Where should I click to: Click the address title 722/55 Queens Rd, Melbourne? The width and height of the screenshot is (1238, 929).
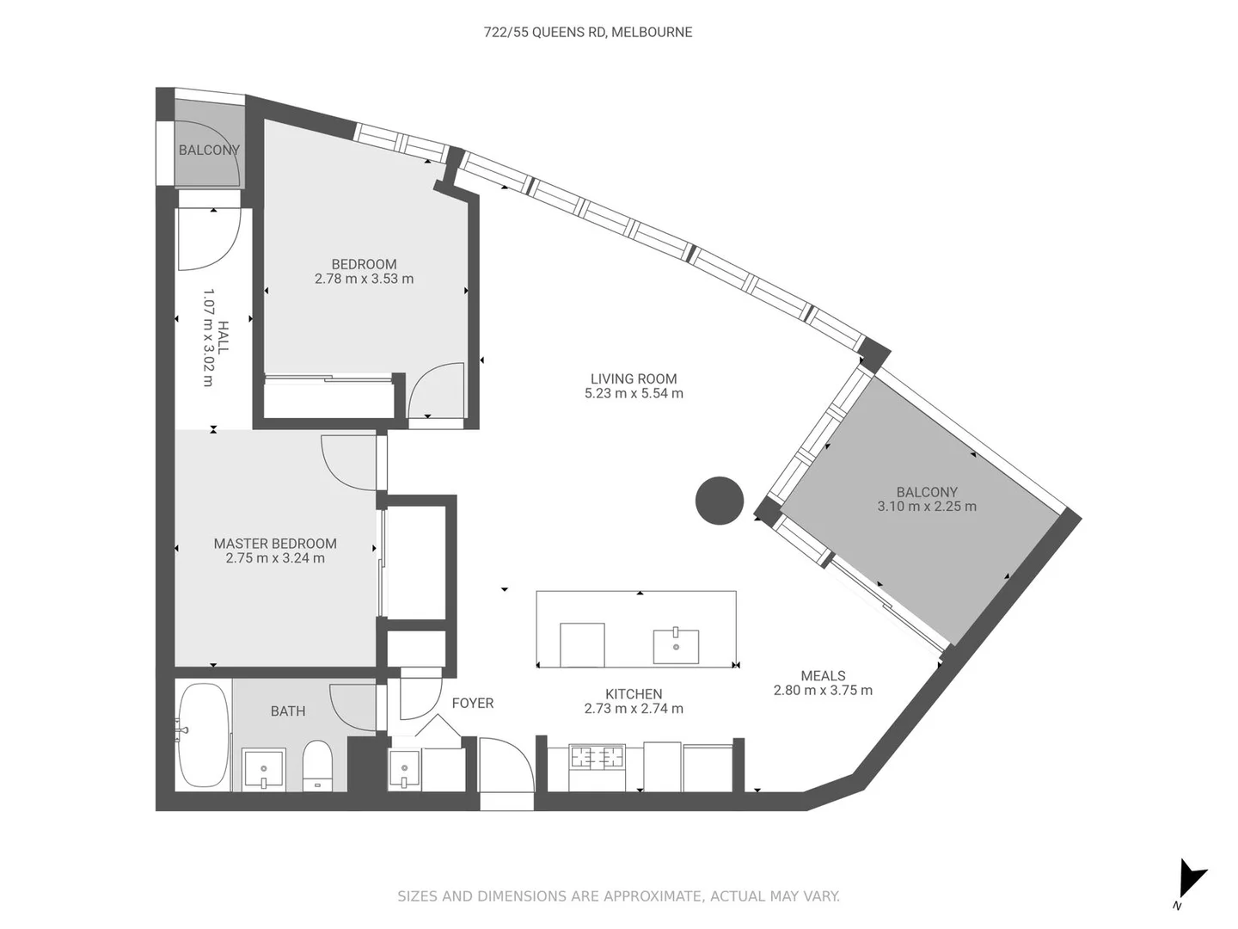pos(588,32)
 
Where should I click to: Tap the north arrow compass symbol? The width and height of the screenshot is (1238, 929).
pos(1192,880)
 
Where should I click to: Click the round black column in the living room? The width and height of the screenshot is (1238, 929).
pos(719,501)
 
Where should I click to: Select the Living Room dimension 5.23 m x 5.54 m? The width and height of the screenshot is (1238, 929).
pos(634,393)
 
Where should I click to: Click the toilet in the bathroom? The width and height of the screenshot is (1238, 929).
pos(317,766)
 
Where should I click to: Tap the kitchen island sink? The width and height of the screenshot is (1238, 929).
pos(676,646)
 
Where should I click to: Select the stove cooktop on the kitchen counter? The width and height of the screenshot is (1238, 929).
pos(598,758)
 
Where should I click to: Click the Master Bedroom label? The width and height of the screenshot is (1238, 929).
pos(275,544)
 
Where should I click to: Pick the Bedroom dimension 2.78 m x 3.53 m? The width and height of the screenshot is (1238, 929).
pos(364,279)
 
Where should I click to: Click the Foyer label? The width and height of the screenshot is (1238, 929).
pos(473,703)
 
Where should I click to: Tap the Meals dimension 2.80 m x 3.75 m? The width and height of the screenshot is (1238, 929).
pos(823,690)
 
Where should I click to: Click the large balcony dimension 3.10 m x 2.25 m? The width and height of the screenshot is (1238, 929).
pos(927,507)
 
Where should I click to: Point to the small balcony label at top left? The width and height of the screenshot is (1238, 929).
pos(209,150)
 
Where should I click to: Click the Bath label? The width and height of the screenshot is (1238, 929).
pos(288,711)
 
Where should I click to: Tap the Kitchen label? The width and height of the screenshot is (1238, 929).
pos(634,694)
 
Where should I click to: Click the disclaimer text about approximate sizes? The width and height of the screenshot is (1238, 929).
pos(618,896)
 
